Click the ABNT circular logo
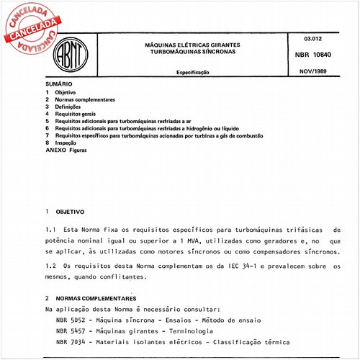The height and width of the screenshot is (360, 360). coord(76,55)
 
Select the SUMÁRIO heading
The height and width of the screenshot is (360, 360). coord(59,85)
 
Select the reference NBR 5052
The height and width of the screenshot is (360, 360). coord(70,319)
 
